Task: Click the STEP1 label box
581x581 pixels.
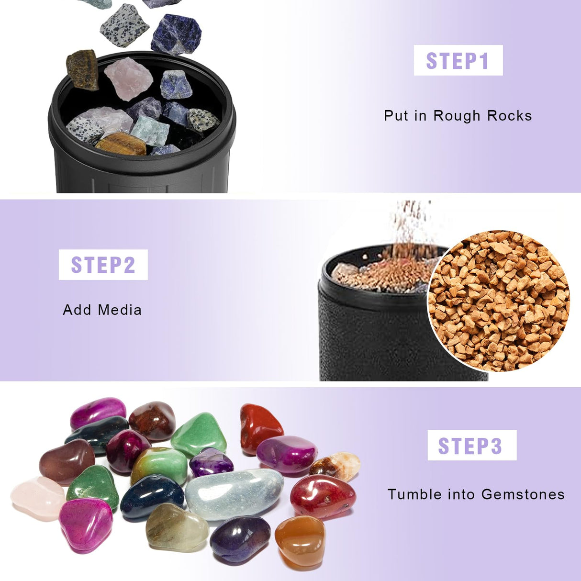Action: [x=458, y=60]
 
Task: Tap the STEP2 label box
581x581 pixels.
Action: [x=103, y=265]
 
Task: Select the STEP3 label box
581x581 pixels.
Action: [x=472, y=445]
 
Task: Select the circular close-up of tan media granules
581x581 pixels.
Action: [x=498, y=301]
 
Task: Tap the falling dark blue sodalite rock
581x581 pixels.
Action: [x=176, y=34]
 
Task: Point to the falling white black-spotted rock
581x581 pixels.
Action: [x=124, y=25]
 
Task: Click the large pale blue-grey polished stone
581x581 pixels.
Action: [x=234, y=494]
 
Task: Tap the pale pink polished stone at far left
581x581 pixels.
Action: [x=37, y=498]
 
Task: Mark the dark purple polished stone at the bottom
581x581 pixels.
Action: [x=240, y=539]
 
